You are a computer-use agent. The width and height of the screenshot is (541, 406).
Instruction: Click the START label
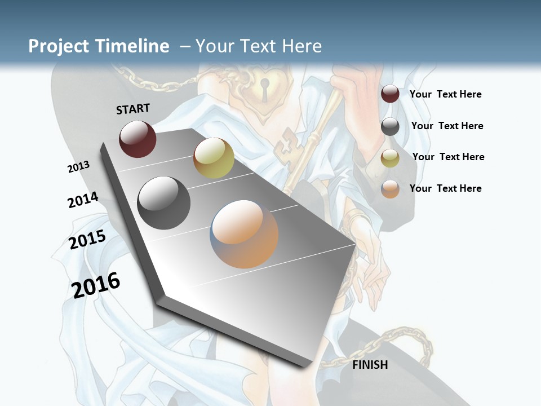point(133,109)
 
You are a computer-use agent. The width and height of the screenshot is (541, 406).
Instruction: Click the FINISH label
point(370,365)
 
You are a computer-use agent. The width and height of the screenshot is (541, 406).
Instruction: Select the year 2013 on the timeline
point(78,166)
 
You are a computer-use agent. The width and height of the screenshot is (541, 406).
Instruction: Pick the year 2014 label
point(83,200)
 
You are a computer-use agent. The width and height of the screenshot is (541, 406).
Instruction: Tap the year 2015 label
point(87,240)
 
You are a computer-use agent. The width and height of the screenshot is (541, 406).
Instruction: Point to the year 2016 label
point(96,285)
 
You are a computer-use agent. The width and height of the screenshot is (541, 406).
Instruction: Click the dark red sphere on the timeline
point(138,139)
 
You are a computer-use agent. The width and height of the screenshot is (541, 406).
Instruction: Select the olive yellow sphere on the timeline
point(214,158)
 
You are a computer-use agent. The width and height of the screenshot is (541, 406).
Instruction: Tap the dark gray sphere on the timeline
point(164,202)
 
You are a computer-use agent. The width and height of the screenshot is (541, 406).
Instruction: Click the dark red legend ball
point(390,94)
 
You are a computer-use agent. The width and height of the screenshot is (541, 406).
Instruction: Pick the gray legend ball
point(390,126)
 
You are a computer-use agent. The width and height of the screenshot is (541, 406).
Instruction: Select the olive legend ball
point(390,158)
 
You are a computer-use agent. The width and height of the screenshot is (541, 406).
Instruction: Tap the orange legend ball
point(390,189)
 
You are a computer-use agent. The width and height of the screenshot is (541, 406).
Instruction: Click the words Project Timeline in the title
point(99,46)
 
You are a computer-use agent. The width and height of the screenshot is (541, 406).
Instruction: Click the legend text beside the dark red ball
point(445,94)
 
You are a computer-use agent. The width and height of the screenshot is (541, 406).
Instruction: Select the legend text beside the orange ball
point(445,188)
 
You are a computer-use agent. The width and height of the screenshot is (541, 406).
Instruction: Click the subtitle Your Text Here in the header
point(259,46)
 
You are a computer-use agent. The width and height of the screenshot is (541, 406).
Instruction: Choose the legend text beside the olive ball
point(448,157)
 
